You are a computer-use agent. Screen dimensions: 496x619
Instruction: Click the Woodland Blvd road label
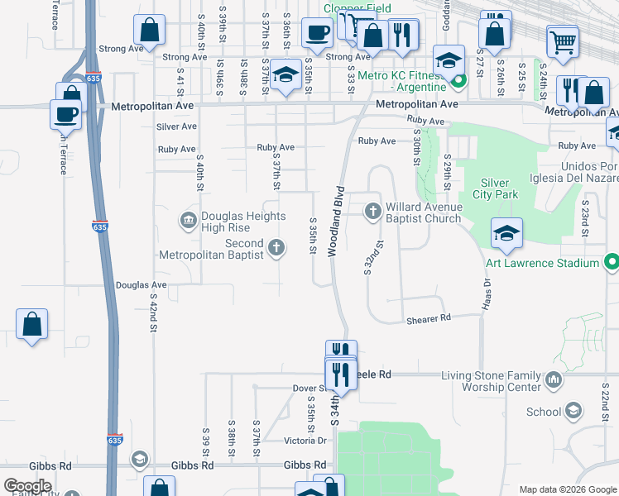338,228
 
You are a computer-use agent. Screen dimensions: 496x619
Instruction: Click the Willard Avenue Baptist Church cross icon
372,212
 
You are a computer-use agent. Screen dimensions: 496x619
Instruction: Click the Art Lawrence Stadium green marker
612,263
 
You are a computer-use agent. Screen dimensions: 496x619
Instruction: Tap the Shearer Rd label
428,318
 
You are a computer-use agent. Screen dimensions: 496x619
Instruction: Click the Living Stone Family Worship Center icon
554,380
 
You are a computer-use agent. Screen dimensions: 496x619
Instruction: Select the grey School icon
573,412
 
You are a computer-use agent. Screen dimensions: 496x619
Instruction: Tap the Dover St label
309,388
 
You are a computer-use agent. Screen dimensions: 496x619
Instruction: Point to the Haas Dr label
486,293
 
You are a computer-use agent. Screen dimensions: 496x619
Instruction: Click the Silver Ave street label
176,126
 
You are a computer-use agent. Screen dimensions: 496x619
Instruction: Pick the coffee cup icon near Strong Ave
316,34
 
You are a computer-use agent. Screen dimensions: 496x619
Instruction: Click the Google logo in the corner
27,486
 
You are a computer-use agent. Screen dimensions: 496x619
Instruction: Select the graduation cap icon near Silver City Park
506,233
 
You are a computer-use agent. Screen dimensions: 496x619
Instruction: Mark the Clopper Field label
357,7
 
